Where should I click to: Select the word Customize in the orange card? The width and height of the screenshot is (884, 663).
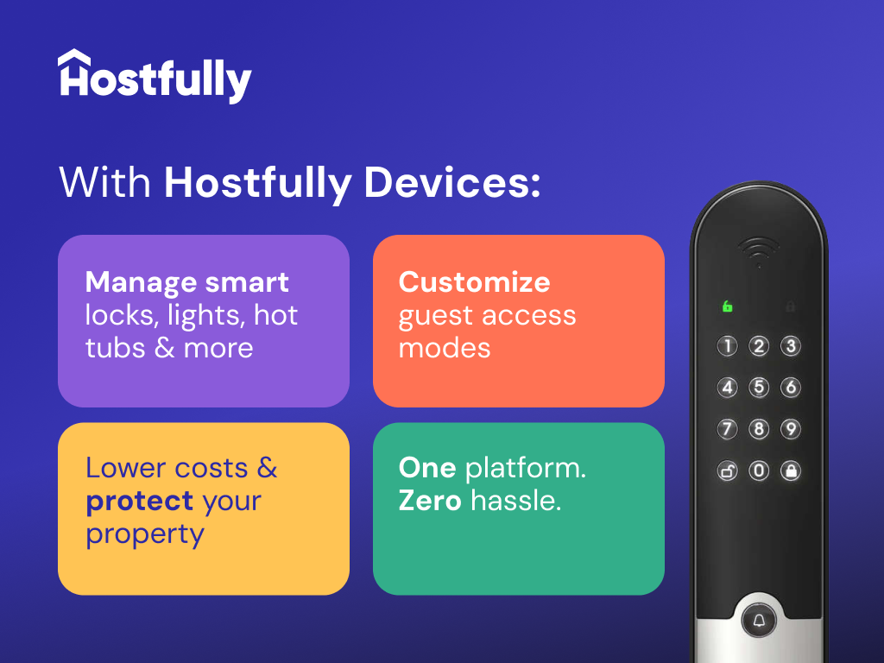click(474, 282)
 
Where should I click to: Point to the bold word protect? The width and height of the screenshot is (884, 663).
click(139, 502)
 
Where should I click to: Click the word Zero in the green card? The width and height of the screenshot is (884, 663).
click(430, 501)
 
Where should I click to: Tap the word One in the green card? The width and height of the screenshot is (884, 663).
click(427, 468)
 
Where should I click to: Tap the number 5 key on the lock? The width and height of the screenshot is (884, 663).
click(759, 388)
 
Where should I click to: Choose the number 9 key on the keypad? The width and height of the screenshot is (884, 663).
click(790, 429)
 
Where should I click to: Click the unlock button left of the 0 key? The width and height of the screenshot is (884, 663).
click(728, 470)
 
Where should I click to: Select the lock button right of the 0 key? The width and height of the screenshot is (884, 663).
click(790, 470)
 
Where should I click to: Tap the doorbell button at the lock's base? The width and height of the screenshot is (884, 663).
click(759, 620)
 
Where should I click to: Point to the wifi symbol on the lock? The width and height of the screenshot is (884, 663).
click(759, 251)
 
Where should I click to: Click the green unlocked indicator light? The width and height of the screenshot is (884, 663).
click(728, 306)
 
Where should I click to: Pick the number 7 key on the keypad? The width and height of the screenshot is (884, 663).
click(728, 429)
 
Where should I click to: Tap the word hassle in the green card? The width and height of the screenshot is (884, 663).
click(515, 501)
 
